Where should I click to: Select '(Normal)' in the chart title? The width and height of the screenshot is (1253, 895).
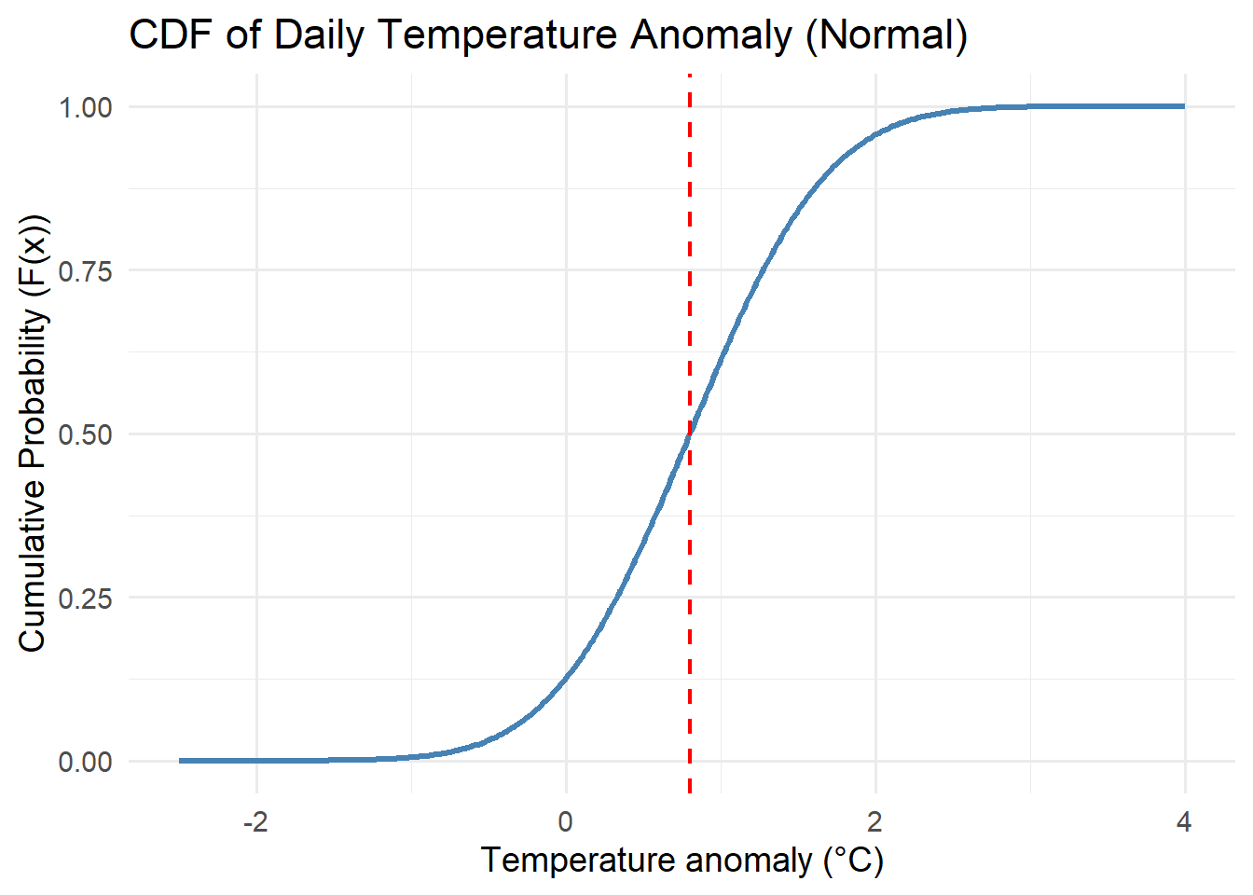click(x=887, y=35)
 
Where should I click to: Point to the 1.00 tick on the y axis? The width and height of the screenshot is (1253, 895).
click(x=85, y=107)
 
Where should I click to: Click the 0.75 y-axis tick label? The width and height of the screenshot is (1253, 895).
click(x=85, y=271)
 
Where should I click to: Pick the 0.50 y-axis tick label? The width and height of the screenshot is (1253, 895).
click(x=85, y=434)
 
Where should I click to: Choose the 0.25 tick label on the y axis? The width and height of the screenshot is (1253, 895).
click(x=85, y=599)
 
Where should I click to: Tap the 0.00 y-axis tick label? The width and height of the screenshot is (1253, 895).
click(x=85, y=763)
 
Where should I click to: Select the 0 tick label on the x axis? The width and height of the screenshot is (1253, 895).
click(x=566, y=822)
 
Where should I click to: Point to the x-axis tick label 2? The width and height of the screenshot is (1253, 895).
click(x=875, y=822)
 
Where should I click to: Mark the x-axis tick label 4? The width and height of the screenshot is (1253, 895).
click(x=1184, y=822)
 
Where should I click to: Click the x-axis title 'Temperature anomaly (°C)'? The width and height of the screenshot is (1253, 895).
click(x=682, y=860)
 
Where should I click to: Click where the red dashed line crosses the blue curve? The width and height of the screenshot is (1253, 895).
click(x=689, y=434)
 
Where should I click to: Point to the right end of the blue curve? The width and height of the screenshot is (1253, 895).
click(x=1184, y=106)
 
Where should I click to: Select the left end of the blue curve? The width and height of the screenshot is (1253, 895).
click(x=180, y=761)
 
